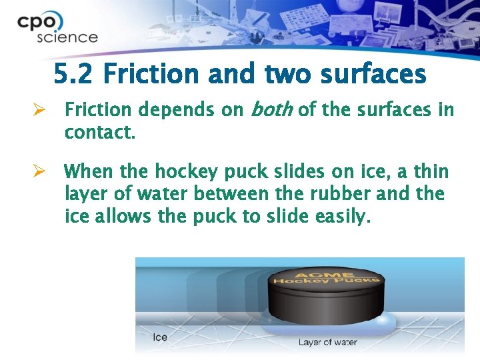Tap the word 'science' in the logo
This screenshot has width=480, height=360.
coord(67,37)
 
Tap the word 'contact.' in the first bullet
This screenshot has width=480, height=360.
coord(99,132)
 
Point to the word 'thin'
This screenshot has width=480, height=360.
coord(430,172)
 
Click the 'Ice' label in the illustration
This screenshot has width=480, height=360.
coord(160,337)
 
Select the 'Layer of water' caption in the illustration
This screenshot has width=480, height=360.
coord(327,342)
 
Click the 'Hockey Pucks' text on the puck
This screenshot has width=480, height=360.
coord(325,281)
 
